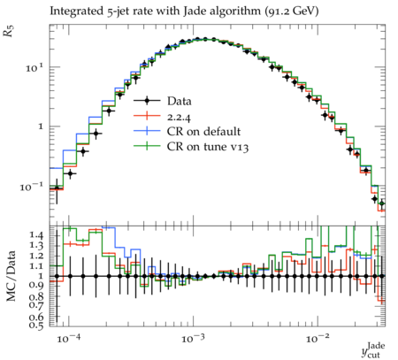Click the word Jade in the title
click(x=194, y=11)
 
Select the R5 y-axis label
click(x=9, y=31)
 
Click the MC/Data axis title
click(x=11, y=276)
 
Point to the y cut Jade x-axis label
click(x=373, y=350)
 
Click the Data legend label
click(x=180, y=101)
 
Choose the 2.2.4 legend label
click(x=179, y=117)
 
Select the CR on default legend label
click(x=203, y=132)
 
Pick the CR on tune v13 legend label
click(x=208, y=147)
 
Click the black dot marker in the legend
click(x=147, y=101)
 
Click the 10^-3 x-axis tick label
click(x=193, y=339)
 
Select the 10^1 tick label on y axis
click(x=34, y=68)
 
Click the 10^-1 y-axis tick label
click(x=31, y=187)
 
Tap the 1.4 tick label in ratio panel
click(x=36, y=235)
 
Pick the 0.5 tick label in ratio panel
click(x=36, y=326)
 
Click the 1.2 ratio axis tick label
click(x=36, y=256)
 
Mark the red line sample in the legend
click(x=147, y=116)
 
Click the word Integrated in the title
click(x=76, y=11)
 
